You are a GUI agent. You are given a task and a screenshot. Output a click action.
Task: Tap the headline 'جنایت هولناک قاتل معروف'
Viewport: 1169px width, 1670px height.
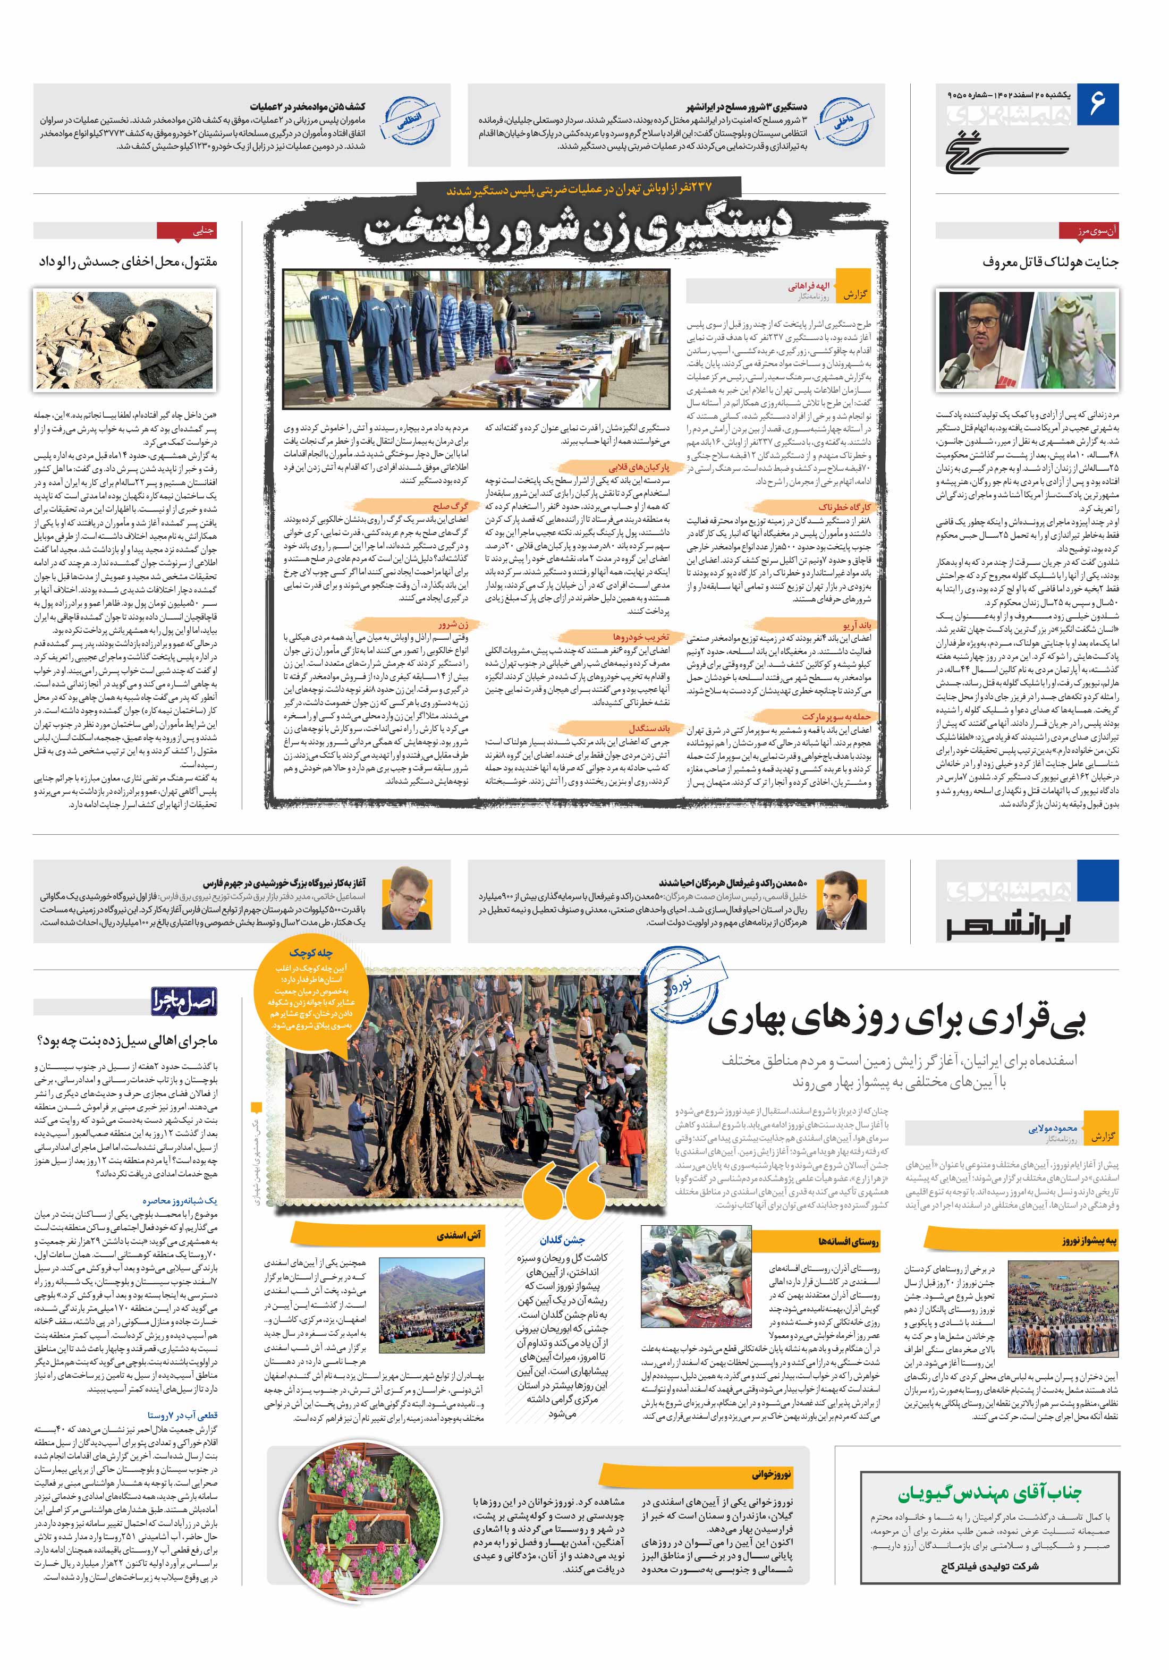(x=1049, y=262)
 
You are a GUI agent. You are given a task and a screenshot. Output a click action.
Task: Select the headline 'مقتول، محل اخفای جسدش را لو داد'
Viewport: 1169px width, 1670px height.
(x=128, y=262)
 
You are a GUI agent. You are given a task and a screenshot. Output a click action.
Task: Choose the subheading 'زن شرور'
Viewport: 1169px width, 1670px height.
(x=453, y=624)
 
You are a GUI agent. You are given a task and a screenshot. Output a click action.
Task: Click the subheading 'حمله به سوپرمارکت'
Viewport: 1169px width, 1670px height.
(x=836, y=716)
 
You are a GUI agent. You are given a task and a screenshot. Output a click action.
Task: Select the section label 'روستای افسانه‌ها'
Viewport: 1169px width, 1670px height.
(x=848, y=1242)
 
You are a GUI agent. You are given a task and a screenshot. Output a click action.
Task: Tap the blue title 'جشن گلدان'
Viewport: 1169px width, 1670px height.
(x=562, y=1240)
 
